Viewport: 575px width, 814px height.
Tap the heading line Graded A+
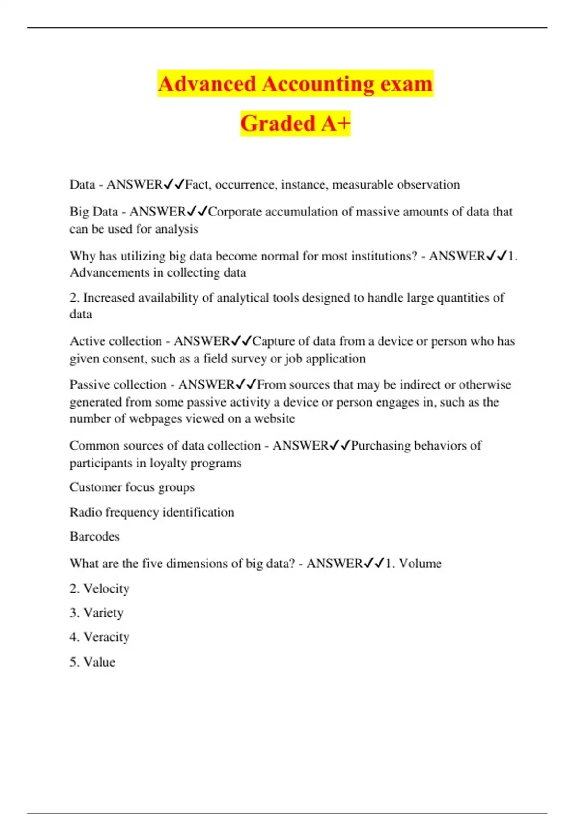click(x=295, y=124)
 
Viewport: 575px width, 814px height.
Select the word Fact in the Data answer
click(x=196, y=185)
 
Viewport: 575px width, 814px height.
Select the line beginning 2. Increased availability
click(x=287, y=298)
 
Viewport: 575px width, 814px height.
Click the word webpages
click(x=155, y=418)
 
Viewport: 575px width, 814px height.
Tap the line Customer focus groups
click(x=132, y=487)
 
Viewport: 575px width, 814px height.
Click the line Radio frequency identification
click(x=152, y=512)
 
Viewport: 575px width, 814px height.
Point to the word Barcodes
click(x=94, y=536)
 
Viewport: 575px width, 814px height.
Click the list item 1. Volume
click(x=414, y=564)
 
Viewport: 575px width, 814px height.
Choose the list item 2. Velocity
click(x=100, y=588)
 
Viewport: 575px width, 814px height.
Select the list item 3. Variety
click(x=96, y=613)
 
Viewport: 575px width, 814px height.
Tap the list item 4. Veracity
click(x=100, y=637)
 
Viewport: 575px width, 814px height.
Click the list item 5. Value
click(x=92, y=662)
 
